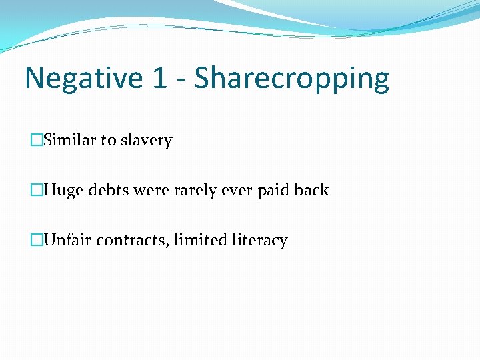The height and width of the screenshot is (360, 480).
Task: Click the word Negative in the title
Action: (x=82, y=78)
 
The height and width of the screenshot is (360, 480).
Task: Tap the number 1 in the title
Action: (x=159, y=78)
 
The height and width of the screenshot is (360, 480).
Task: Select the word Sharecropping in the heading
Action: (x=292, y=79)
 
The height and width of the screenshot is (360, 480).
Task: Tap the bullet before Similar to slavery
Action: (x=36, y=140)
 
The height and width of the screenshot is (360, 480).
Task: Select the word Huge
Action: (x=63, y=191)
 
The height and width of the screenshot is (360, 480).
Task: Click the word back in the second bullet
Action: (x=311, y=190)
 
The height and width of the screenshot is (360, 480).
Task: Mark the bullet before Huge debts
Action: (x=36, y=190)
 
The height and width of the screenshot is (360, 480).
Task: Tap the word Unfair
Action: (x=68, y=240)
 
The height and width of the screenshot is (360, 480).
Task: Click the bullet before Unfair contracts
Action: (x=36, y=240)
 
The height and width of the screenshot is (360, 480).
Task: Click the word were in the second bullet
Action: (x=151, y=191)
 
